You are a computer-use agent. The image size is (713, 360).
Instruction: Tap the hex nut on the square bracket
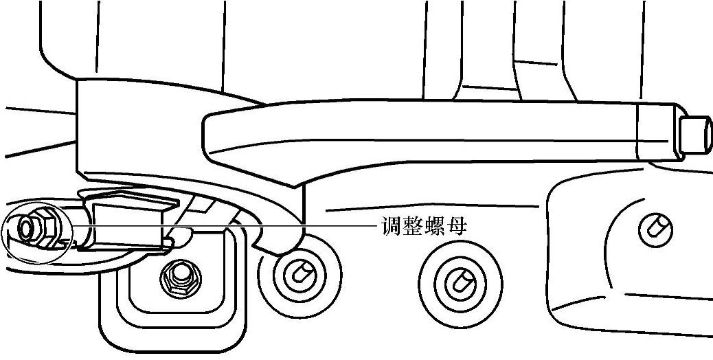pos(179,276)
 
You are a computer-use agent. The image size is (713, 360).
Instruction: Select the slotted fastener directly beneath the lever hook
pos(299,274)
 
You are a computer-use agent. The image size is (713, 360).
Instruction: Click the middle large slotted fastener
pos(458,279)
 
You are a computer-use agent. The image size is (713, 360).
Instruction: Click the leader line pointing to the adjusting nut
pos(275,225)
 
